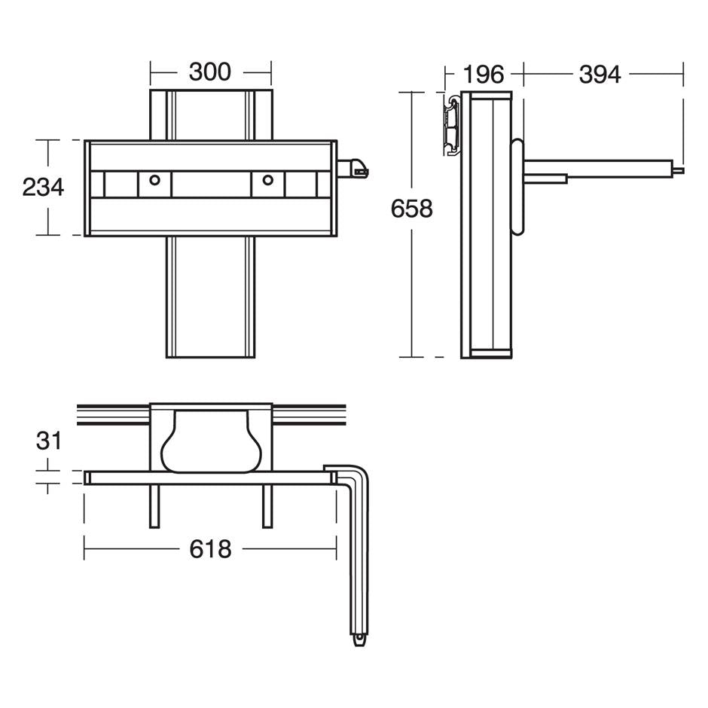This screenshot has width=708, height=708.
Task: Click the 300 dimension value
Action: (x=209, y=72)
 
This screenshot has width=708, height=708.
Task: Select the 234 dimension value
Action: (x=43, y=187)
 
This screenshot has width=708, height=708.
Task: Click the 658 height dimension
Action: (x=411, y=209)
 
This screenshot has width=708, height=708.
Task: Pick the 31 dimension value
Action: (x=47, y=441)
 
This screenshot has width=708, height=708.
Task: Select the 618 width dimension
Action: (x=210, y=550)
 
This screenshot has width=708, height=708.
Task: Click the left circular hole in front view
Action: (x=154, y=180)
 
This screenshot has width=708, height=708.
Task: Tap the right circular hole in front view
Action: (x=267, y=180)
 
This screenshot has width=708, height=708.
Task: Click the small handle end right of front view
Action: (x=354, y=169)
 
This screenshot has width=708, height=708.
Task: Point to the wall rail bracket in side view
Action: (x=452, y=124)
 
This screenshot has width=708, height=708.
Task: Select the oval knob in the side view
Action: (x=517, y=187)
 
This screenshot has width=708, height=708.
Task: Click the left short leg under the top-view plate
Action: (x=154, y=505)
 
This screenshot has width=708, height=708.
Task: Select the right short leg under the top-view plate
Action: (x=267, y=505)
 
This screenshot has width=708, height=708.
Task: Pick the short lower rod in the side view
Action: (x=546, y=179)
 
